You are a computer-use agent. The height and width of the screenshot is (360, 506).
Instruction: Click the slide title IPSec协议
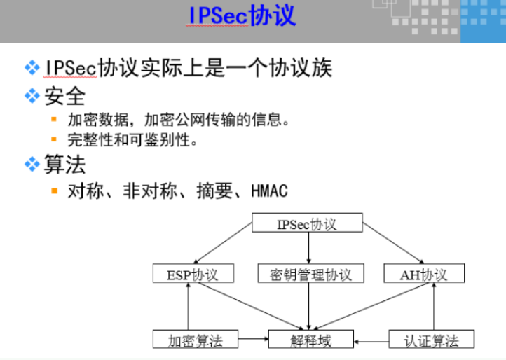pyautogui.click(x=242, y=15)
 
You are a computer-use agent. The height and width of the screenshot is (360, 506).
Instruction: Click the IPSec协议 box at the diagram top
pyautogui.click(x=307, y=224)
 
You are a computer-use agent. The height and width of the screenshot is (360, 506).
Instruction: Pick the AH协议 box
pyautogui.click(x=424, y=274)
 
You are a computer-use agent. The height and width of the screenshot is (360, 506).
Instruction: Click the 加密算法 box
pyautogui.click(x=195, y=341)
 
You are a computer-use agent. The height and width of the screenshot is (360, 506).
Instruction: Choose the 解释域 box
pyautogui.click(x=310, y=341)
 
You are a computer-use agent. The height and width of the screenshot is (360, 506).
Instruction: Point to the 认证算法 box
pyautogui.click(x=431, y=341)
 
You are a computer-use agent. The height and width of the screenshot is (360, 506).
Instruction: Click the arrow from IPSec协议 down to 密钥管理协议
pyautogui.click(x=309, y=249)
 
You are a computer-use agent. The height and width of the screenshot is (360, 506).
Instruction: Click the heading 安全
pyautogui.click(x=64, y=95)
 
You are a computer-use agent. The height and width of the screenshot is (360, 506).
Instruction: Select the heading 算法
pyautogui.click(x=64, y=165)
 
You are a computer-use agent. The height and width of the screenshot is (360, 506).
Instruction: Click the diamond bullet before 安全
pyautogui.click(x=32, y=95)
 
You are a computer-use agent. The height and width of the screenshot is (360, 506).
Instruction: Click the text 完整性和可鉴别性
pyautogui.click(x=132, y=140)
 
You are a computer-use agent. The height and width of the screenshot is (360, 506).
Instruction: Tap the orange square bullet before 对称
pyautogui.click(x=53, y=191)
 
